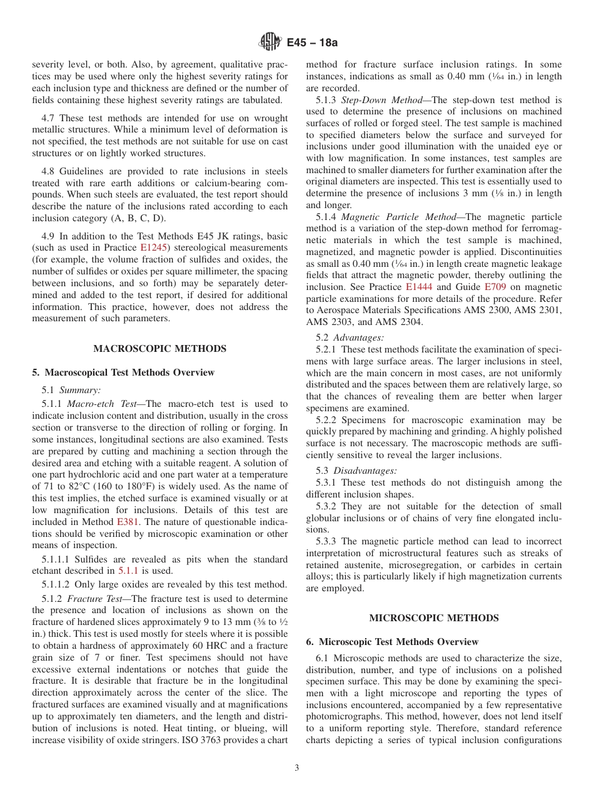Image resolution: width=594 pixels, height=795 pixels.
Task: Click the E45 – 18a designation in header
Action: (312, 42)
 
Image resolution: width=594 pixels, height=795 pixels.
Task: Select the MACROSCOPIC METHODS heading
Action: (160, 349)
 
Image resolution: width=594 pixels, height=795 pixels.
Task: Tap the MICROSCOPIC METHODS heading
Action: (434, 618)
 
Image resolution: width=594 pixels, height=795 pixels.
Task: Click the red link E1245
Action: (152, 247)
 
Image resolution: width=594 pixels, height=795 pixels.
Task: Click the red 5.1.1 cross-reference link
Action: (128, 571)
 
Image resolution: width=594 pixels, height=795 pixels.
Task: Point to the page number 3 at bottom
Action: (297, 767)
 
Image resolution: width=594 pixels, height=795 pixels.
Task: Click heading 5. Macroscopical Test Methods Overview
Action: (123, 372)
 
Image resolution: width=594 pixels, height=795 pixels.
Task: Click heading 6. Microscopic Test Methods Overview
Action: (392, 642)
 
